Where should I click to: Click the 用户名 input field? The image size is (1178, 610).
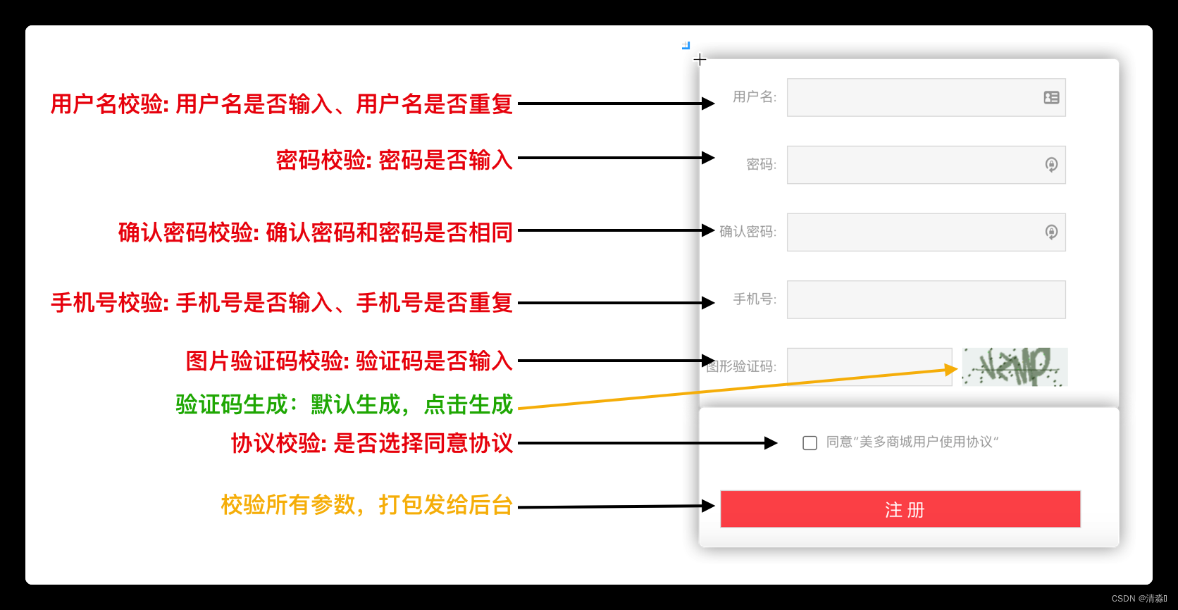[x=913, y=98]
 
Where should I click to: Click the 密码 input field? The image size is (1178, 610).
[x=913, y=165]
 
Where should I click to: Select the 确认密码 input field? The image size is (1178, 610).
[x=913, y=232]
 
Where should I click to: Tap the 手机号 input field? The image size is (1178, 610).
[x=926, y=300]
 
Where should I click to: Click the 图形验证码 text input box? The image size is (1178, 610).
[x=869, y=367]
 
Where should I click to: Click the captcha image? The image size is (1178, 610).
[x=1015, y=367]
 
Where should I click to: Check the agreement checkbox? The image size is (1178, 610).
[x=810, y=443]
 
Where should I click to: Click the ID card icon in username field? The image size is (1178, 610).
[x=1051, y=98]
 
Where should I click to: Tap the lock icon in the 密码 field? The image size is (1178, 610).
[x=1051, y=165]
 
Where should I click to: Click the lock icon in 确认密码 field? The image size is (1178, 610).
[x=1051, y=232]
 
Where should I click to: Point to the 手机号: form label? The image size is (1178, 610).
[x=755, y=299]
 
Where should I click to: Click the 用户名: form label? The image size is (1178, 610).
[x=754, y=97]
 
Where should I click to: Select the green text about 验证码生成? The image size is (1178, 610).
[x=344, y=405]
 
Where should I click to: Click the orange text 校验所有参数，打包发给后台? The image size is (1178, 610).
[x=366, y=505]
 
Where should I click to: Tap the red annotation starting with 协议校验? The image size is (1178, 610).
[x=372, y=444]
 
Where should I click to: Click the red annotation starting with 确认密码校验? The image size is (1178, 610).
[x=315, y=232]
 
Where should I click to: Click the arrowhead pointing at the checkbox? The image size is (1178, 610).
[x=772, y=443]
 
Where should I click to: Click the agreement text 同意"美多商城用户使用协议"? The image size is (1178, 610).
[x=912, y=442]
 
